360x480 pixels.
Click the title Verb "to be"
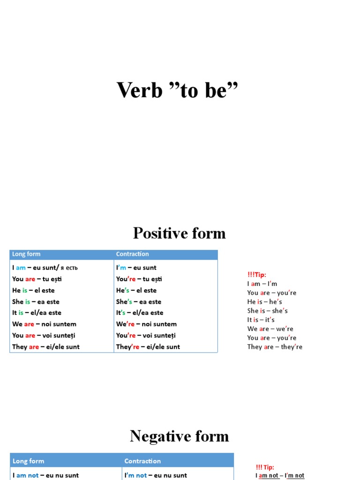click(x=177, y=90)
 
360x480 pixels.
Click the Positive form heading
click(x=179, y=233)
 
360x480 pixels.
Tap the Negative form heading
click(x=179, y=436)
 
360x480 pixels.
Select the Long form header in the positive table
click(x=26, y=254)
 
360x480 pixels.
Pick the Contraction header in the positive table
click(x=132, y=254)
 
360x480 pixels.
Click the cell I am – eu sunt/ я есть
click(x=45, y=268)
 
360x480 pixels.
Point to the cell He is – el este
click(x=33, y=290)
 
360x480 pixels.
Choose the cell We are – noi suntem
click(x=44, y=324)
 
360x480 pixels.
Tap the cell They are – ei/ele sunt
click(x=46, y=347)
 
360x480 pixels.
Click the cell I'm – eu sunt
click(x=136, y=268)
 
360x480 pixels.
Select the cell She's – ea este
click(x=139, y=301)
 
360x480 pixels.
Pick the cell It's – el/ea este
click(x=140, y=313)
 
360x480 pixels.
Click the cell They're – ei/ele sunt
click(x=148, y=347)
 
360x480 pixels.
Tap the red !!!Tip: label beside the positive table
click(x=257, y=275)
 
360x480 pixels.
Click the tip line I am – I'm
click(x=262, y=284)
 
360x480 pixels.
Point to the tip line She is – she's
click(x=268, y=311)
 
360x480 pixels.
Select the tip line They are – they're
click(x=275, y=347)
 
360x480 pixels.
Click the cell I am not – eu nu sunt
click(x=45, y=475)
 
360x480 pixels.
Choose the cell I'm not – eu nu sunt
click(x=156, y=475)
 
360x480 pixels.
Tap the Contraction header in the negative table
click(x=142, y=461)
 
